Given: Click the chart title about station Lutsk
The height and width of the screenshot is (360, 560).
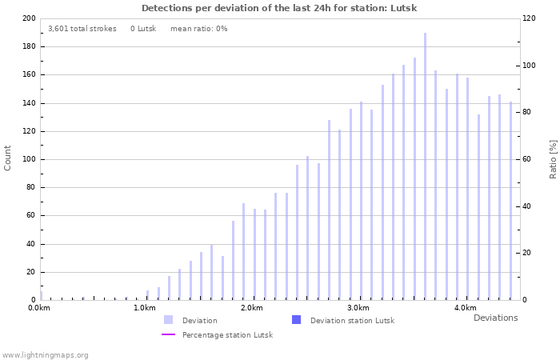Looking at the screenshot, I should click(279, 8).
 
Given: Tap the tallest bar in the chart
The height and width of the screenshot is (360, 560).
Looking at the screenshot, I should click(425, 166).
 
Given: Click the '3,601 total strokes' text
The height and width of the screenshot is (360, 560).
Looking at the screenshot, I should click(82, 29).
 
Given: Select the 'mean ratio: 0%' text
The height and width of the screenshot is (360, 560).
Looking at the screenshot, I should click(198, 29).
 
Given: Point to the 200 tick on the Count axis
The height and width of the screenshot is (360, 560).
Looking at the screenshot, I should click(29, 18).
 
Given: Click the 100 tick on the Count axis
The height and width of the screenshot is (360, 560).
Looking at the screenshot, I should click(29, 159).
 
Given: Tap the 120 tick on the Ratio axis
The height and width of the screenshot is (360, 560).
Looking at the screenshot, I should click(529, 18).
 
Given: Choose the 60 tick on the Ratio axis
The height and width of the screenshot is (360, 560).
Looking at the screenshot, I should click(526, 159).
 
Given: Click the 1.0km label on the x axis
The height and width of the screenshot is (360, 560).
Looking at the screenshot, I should click(144, 308).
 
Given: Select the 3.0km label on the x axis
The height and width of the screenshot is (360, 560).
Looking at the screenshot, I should click(358, 308).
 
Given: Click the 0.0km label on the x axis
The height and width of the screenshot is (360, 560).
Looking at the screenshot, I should click(39, 308).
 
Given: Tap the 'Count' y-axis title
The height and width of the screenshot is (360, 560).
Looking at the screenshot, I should click(8, 158).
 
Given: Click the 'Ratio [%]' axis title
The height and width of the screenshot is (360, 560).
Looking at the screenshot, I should click(553, 158).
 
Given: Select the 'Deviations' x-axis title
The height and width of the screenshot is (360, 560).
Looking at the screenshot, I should click(495, 318).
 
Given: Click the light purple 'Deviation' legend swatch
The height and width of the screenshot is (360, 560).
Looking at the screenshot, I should click(168, 320).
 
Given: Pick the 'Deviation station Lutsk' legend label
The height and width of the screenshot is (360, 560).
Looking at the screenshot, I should click(352, 321).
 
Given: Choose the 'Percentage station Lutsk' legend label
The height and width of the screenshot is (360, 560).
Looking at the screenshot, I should click(227, 335).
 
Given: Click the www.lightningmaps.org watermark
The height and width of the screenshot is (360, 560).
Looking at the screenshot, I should click(46, 355).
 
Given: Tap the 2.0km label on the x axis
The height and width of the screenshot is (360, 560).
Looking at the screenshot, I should click(251, 308).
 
